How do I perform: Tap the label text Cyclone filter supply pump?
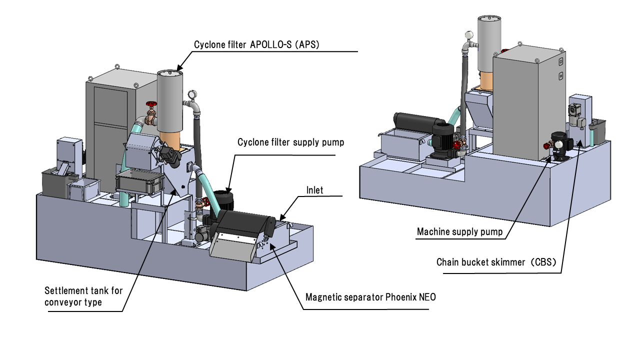click(290, 142)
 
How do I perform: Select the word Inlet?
click(315, 190)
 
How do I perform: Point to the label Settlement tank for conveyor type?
click(83, 295)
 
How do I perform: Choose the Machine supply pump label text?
click(459, 232)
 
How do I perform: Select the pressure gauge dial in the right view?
click(468, 35)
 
